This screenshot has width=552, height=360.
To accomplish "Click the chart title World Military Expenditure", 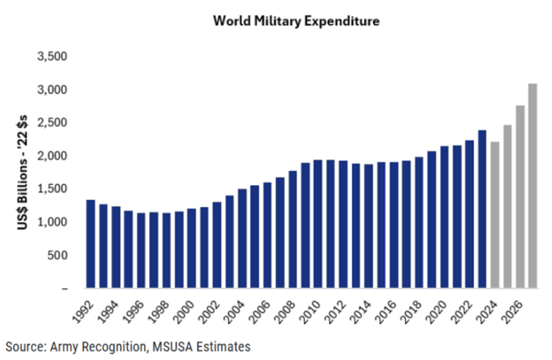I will [297, 21].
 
